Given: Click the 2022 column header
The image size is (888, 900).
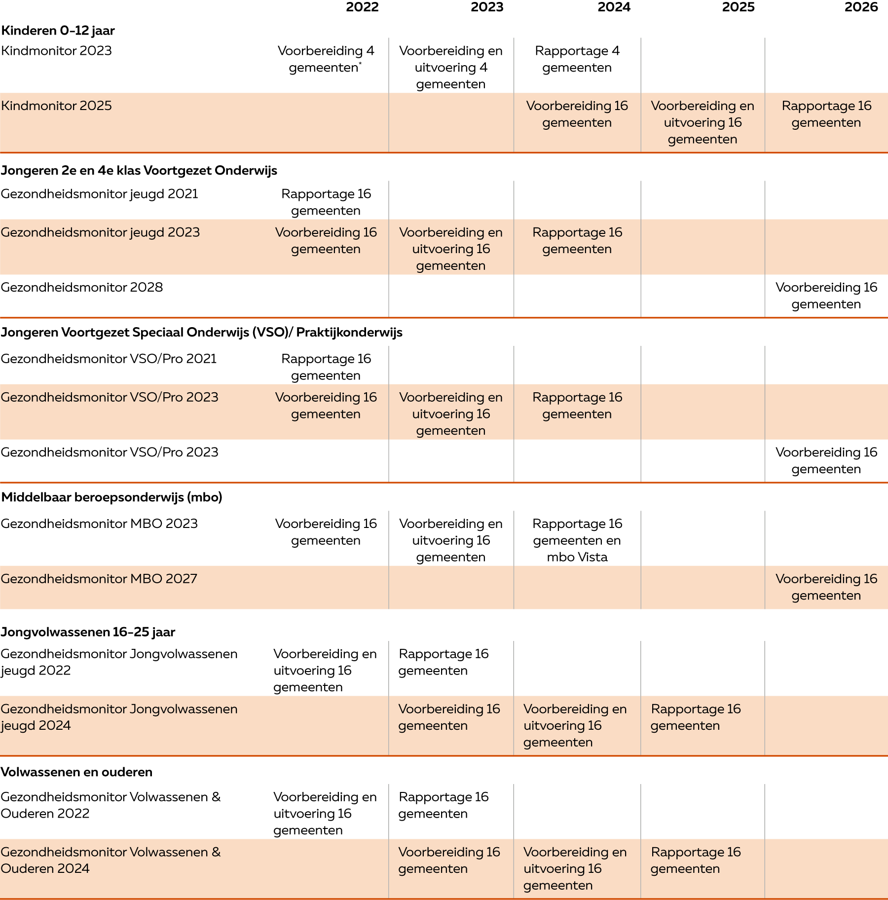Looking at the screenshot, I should pos(362,7).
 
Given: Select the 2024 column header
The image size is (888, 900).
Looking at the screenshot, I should pos(614,7).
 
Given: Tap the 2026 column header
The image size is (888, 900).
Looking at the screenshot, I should pos(861,7).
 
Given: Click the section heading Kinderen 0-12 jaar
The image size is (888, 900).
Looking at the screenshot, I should pos(58,31).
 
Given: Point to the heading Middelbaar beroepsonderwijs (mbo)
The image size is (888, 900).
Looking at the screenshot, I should pos(111,497).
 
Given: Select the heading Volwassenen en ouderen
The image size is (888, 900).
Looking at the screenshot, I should pos(76,772).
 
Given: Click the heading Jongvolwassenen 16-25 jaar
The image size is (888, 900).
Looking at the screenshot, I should pos(88,632).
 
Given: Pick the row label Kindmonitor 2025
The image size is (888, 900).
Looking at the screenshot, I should pos(56,106).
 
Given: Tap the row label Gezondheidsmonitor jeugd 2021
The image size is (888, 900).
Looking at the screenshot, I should pos(99,194).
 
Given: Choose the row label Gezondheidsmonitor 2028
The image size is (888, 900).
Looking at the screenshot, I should pos(81,287).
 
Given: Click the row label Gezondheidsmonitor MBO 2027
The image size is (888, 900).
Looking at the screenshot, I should pos(99,578).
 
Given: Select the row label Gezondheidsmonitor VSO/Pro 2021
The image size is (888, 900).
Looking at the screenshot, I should pos(109,359).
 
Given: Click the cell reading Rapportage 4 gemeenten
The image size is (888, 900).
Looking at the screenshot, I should pos(577,59).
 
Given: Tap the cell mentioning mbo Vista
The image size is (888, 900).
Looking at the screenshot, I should pos(577,540).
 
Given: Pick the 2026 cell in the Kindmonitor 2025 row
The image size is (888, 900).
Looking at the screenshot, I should pos(826,114).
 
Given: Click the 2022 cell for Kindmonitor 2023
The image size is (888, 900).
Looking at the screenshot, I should pos(326,59).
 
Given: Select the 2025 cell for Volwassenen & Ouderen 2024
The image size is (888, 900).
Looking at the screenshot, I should pos(696,860).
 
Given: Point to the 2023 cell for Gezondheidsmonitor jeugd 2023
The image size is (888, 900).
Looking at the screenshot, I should pos(451,249).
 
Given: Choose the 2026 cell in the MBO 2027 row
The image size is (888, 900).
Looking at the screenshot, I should pos(826,587).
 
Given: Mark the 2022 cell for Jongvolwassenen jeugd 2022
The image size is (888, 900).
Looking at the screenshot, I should pos(325,670).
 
